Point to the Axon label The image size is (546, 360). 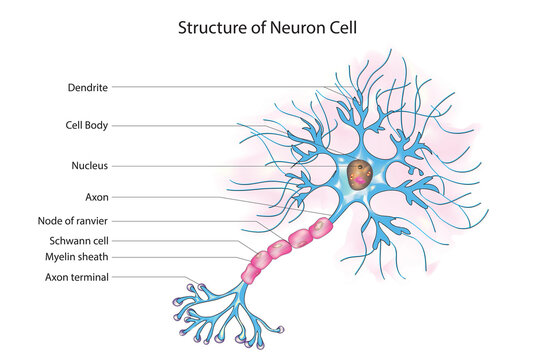click(96, 197)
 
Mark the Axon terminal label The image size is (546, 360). click(77, 277)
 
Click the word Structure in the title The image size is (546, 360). click(210, 27)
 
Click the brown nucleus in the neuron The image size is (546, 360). click(362, 176)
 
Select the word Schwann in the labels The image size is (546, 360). click(68, 240)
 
